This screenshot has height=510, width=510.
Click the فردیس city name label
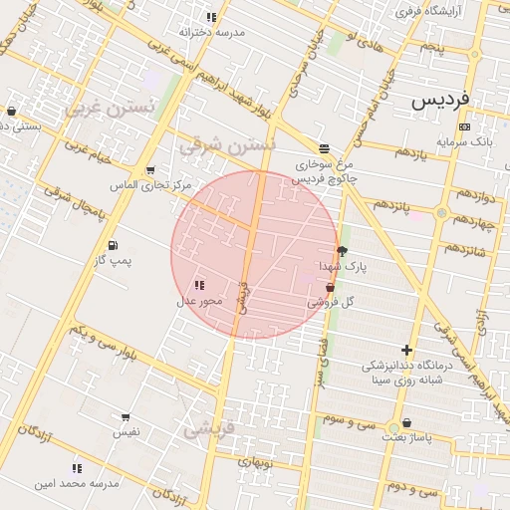coord(439,101)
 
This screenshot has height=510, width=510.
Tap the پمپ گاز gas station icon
coord(113,244)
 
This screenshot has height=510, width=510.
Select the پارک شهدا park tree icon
coord(343,251)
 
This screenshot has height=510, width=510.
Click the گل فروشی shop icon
coord(330,287)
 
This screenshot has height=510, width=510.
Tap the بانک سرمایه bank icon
coord(465,127)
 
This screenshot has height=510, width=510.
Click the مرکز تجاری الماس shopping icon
coord(150,170)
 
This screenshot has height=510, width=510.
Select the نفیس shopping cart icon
coord(126,417)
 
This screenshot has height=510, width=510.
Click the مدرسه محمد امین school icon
coord(77,467)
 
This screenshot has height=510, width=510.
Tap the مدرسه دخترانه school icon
coord(211,17)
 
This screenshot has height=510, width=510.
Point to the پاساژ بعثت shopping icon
coord(406,422)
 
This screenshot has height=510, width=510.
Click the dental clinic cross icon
coord(406,350)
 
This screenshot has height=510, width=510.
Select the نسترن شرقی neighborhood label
coord(226,145)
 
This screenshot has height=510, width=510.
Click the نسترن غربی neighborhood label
coord(110,108)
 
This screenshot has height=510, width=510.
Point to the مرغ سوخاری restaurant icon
coord(324,147)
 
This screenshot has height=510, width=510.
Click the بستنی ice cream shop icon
coord(11,111)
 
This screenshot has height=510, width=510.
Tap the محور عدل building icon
coord(200,286)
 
